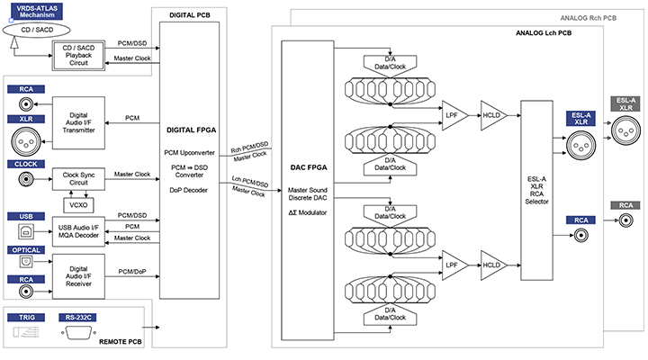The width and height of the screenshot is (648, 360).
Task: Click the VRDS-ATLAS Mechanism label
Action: click(37, 12)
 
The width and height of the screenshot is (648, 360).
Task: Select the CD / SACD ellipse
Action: click(36, 30)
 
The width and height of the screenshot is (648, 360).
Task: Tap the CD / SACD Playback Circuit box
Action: click(78, 56)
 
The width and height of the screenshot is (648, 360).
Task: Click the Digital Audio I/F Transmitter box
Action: click(78, 122)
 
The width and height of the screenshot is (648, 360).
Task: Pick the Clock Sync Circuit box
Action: click(78, 178)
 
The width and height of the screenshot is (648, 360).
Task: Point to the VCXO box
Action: click(78, 205)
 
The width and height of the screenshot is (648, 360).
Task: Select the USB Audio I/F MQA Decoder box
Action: click(78, 231)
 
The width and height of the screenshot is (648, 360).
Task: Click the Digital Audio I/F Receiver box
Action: click(78, 276)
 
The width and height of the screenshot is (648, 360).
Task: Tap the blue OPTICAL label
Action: click(26, 250)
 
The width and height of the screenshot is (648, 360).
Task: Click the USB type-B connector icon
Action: click(26, 231)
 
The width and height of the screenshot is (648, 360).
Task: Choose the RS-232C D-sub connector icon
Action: click(78, 332)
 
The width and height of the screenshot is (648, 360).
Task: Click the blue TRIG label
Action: click(26, 318)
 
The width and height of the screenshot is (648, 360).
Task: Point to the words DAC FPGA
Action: click(309, 167)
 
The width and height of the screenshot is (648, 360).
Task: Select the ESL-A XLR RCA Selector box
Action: click(536, 190)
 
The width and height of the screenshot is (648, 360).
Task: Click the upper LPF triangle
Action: click(454, 115)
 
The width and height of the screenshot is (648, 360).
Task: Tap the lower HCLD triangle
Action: click(492, 265)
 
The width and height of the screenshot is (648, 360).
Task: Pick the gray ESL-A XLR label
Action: click(625, 103)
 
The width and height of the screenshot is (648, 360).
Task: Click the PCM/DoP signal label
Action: click(132, 272)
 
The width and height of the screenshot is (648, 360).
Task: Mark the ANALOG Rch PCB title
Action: click(588, 18)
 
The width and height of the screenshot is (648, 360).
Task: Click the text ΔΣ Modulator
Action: click(308, 212)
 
